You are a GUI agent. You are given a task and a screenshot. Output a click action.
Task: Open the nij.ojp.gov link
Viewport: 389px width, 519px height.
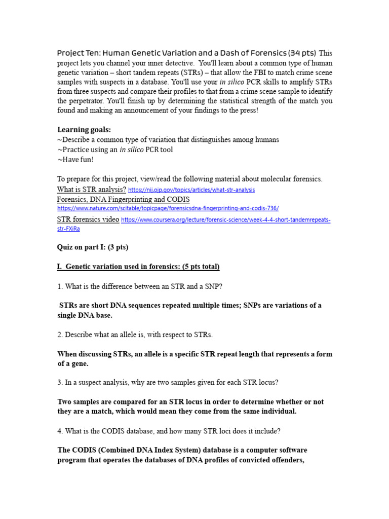(x=191, y=190)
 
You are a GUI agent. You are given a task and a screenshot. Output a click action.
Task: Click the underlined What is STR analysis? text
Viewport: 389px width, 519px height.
(x=92, y=189)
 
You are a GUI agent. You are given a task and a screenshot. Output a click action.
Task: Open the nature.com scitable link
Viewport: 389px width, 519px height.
(x=168, y=208)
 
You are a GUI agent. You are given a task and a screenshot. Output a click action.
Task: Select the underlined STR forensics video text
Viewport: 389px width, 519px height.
(x=88, y=219)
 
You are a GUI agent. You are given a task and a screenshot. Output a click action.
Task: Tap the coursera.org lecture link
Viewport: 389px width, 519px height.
(x=225, y=219)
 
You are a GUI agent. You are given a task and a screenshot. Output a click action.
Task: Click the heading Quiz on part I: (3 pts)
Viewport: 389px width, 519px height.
(x=93, y=247)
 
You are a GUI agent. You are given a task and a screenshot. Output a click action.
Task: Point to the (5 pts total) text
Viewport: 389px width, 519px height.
(x=194, y=267)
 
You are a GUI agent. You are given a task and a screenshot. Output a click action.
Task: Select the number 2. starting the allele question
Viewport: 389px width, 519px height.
(x=60, y=335)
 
